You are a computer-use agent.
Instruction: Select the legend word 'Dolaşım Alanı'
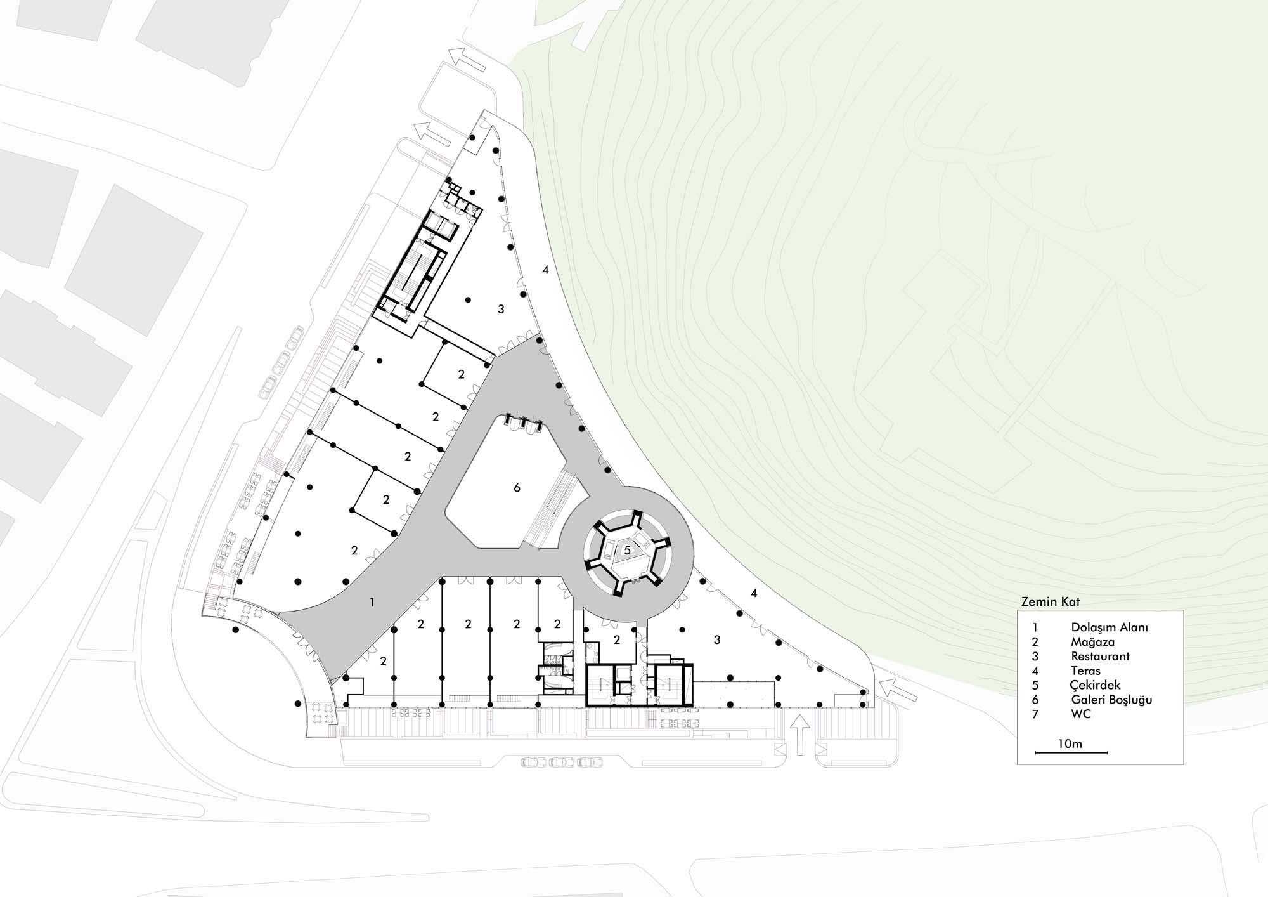1109,627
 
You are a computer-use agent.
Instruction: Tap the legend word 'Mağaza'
1093,642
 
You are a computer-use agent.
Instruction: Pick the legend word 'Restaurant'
1101,657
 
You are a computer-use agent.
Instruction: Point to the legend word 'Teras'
1086,671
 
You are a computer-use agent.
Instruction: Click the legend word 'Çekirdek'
1096,686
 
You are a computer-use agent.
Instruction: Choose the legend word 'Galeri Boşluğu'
1111,700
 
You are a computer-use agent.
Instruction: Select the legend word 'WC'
1081,714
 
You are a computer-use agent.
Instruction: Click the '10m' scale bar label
1070,743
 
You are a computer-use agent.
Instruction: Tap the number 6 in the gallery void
517,488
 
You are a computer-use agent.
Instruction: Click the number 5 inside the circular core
627,550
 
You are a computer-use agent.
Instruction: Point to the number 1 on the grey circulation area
372,603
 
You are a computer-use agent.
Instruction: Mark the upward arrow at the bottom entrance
800,735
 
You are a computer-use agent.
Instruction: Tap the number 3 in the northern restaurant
501,310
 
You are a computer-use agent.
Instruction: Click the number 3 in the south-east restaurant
717,640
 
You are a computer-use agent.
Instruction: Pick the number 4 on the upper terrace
545,270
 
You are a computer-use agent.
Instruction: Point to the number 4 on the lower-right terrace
754,594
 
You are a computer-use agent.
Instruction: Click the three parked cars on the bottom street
562,762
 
